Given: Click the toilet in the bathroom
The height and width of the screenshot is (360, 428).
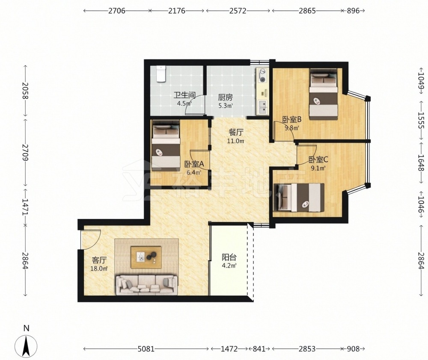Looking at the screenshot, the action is tap(161, 74).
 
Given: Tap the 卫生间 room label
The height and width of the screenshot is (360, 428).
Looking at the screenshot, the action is tap(185, 95).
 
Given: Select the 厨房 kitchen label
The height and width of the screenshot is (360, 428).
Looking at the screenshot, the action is tap(225, 97).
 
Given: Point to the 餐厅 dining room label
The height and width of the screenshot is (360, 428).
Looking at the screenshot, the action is tap(236, 133).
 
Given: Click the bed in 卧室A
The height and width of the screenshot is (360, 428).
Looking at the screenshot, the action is tap(166, 145).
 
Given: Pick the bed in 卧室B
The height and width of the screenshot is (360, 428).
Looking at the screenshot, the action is tap(324, 94).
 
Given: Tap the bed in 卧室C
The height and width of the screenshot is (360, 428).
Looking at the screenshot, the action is tap(299, 197).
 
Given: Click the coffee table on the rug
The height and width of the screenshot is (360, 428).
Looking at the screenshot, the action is tap(146, 257).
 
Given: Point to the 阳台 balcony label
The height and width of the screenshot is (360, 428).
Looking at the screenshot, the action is tap(229, 257).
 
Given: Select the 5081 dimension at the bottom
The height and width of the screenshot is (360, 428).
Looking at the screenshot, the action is tap(146, 349).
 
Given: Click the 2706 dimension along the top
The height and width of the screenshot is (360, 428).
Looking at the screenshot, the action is tap(116, 11).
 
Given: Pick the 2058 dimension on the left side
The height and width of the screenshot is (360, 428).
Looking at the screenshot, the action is tap(25, 91).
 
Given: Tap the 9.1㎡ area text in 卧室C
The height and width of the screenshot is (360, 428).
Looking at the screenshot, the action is tap(318, 168).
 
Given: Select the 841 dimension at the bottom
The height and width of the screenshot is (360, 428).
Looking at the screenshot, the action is tap(259, 349).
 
